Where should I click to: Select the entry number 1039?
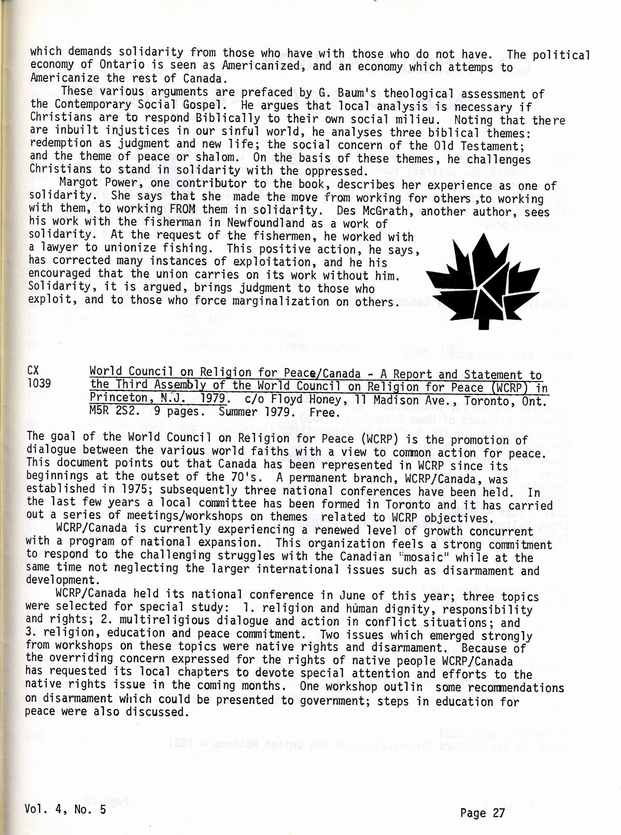coord(39,383)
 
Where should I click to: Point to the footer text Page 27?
coord(482,813)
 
